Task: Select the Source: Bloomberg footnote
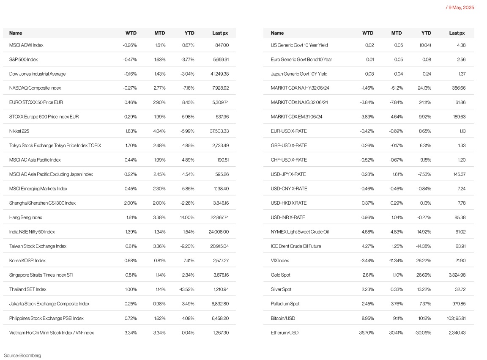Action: point(22,355)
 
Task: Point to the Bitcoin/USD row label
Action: point(283,318)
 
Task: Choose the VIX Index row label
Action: point(280,261)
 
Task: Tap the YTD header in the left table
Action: point(189,33)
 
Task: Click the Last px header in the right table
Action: point(457,33)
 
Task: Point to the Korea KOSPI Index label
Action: point(27,261)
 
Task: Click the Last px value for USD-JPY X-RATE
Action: point(458,174)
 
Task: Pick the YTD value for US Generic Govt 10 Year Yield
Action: point(425,45)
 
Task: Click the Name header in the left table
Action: point(16,33)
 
